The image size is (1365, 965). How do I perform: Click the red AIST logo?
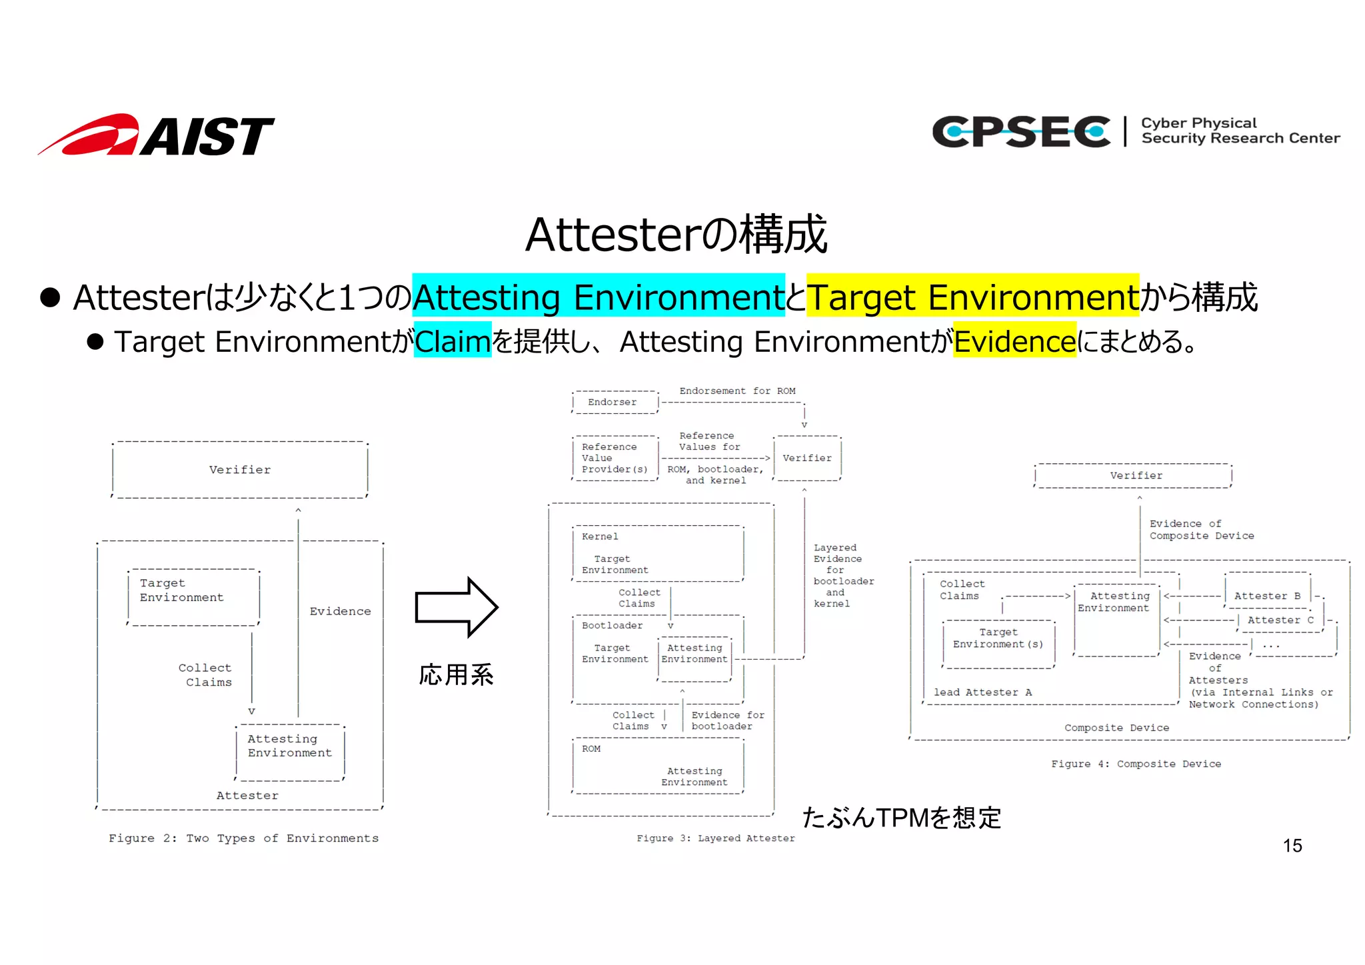pyautogui.click(x=157, y=135)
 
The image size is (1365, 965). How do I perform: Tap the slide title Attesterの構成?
pyautogui.click(x=676, y=235)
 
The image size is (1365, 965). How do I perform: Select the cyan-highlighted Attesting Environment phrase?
pyautogui.click(x=598, y=297)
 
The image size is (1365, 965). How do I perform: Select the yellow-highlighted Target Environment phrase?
pyautogui.click(x=972, y=297)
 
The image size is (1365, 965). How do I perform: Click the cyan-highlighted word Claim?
pyautogui.click(x=453, y=341)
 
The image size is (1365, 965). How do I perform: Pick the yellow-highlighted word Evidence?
pyautogui.click(x=1014, y=341)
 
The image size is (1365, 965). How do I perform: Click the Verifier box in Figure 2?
pyautogui.click(x=240, y=470)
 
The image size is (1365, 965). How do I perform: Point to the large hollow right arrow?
pyautogui.click(x=456, y=607)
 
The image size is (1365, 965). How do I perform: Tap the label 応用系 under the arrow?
pyautogui.click(x=456, y=675)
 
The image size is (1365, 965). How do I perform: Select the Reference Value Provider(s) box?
pyautogui.click(x=614, y=458)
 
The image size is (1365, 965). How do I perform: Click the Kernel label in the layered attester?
pyautogui.click(x=600, y=536)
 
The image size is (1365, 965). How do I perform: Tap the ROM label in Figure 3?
pyautogui.click(x=591, y=749)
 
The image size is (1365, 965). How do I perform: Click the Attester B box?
pyautogui.click(x=1267, y=596)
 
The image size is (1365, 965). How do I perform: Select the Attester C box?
pyautogui.click(x=1280, y=620)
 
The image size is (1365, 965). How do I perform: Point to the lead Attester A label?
pyautogui.click(x=982, y=692)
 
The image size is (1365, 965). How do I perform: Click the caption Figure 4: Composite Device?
pyautogui.click(x=1136, y=764)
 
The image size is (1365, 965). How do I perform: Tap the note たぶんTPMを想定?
pyautogui.click(x=901, y=817)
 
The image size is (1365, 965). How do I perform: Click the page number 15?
pyautogui.click(x=1292, y=846)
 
